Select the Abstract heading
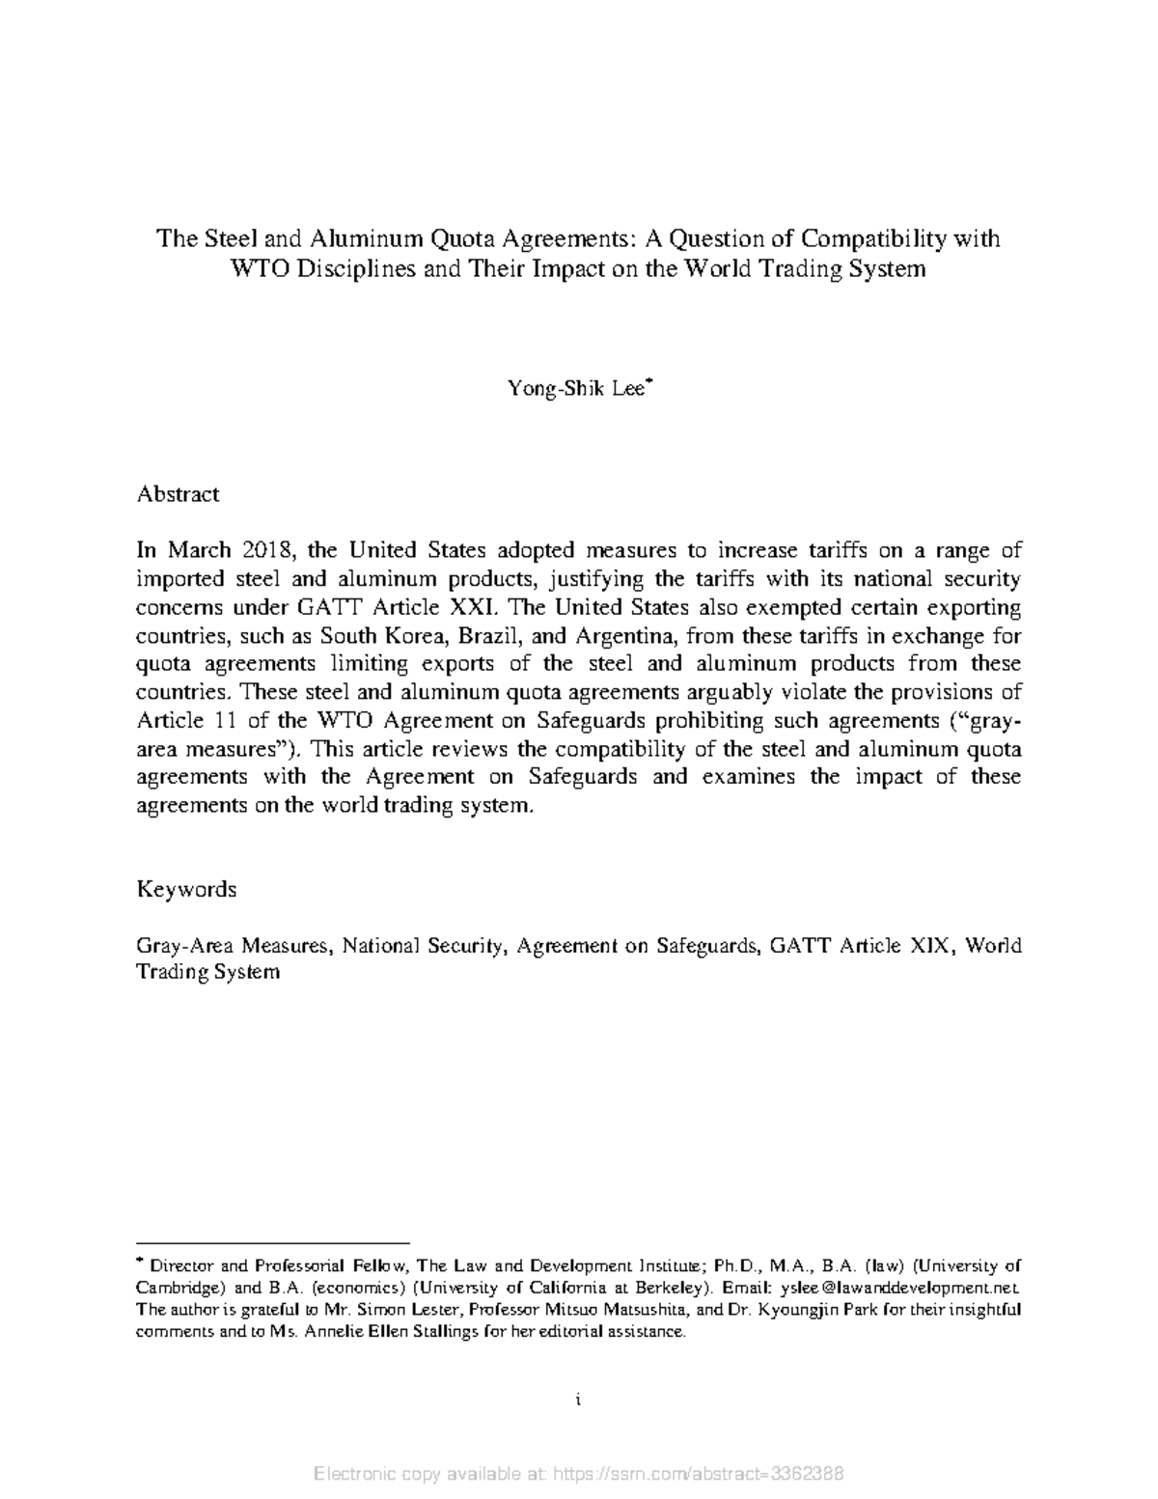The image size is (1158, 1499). (x=178, y=494)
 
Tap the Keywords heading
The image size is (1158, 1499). (x=186, y=889)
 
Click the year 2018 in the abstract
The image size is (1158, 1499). (x=253, y=551)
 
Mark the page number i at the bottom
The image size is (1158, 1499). (x=577, y=1399)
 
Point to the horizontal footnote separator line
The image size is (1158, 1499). (x=273, y=1244)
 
